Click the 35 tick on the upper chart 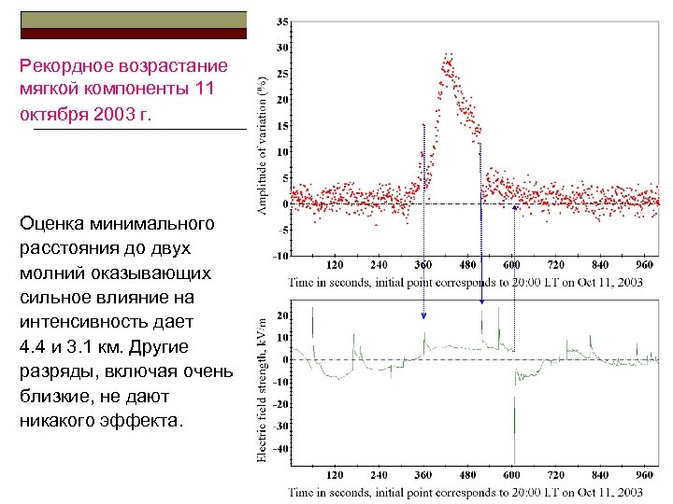tap(282, 21)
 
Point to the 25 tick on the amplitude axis tap(282, 73)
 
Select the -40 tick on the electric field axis tap(281, 449)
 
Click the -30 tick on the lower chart tap(281, 427)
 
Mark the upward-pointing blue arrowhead tap(515, 208)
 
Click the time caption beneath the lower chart tap(465, 491)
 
